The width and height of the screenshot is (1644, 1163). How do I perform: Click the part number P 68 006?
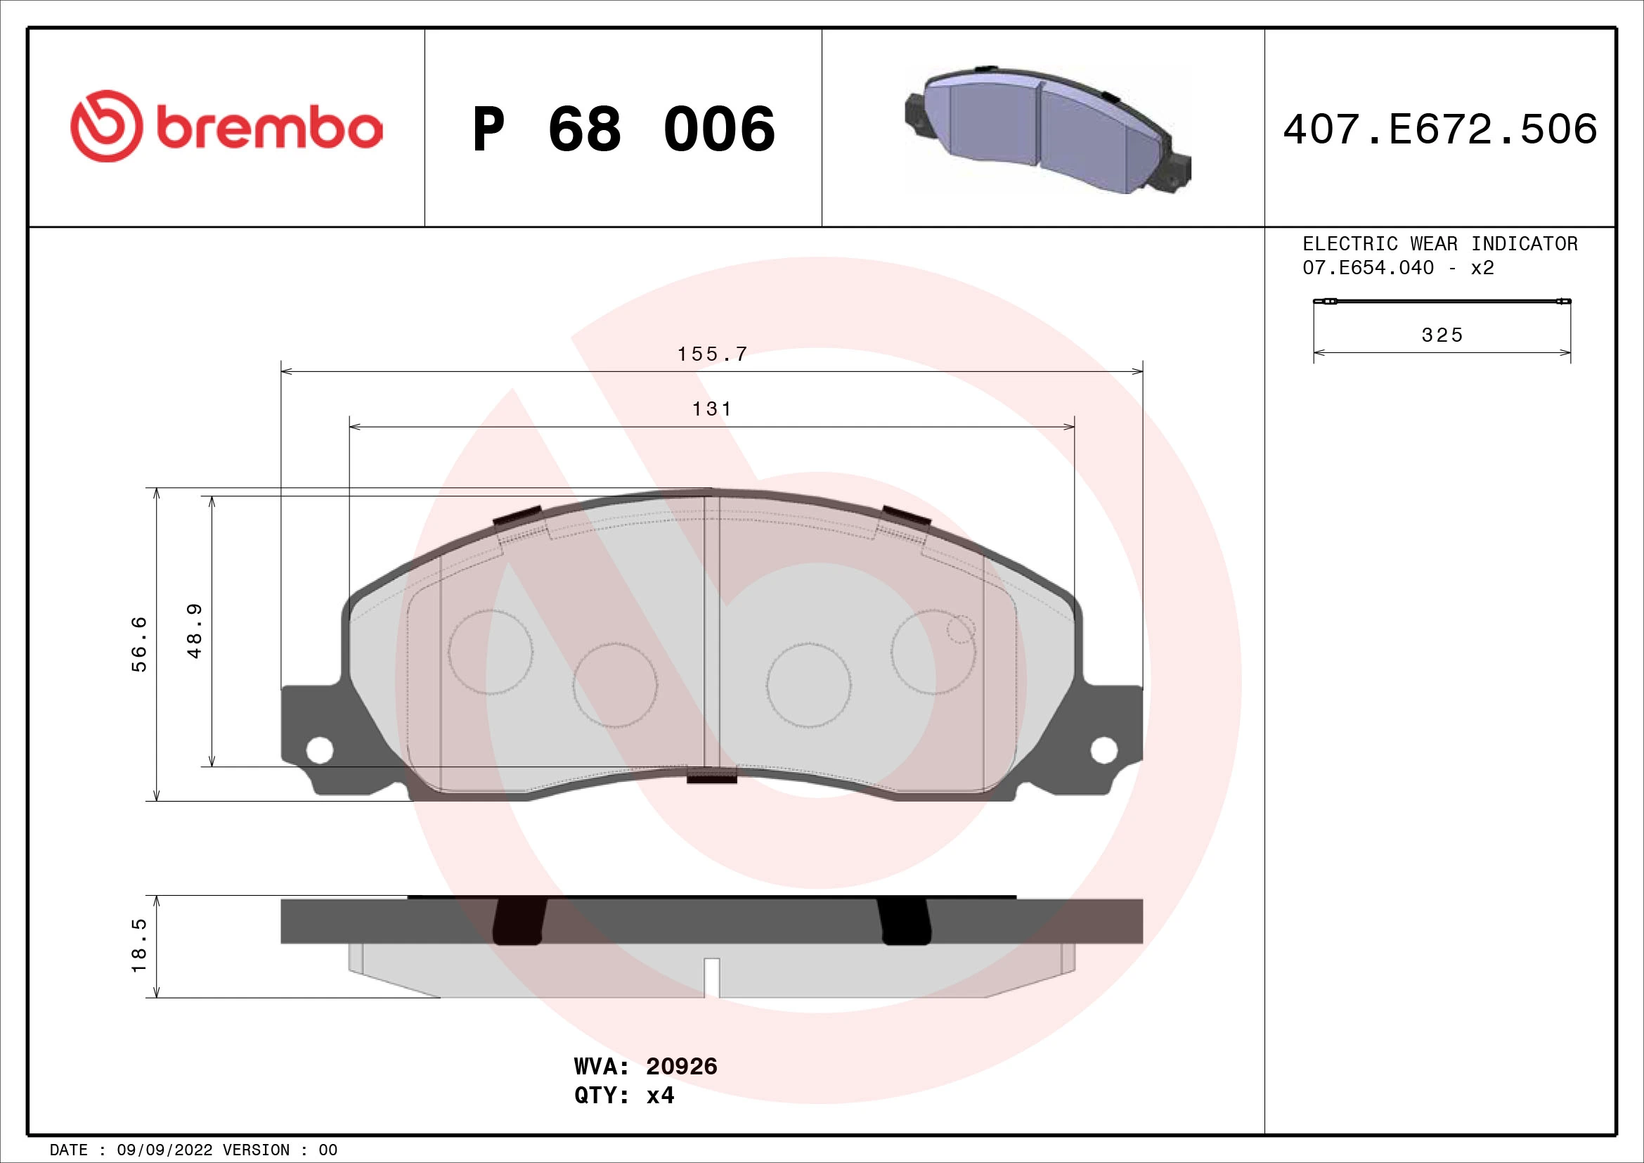pos(623,129)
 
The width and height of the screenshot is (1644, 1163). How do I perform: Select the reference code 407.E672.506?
pos(1440,129)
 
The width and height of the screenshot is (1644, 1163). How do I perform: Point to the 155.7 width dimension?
pos(712,354)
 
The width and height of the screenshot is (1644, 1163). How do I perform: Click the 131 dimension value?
pos(712,409)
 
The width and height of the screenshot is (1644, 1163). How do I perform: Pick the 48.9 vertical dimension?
pos(195,630)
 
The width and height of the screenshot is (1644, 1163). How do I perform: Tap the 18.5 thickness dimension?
pos(139,945)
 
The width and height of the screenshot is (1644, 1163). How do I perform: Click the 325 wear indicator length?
pos(1442,335)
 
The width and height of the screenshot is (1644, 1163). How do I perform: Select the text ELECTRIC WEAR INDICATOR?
pos(1439,244)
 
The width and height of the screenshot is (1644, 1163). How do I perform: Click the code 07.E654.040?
pos(1368,268)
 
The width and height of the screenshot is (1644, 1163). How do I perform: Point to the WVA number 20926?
pos(681,1067)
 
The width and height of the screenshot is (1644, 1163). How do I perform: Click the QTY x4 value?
pos(659,1095)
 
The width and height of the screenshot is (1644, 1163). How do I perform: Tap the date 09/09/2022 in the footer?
pos(164,1150)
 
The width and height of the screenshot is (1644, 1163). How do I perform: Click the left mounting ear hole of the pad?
pos(319,750)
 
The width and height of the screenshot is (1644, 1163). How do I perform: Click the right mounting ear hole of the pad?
pos(1103,750)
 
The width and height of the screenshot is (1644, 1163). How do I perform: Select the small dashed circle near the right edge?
pos(960,629)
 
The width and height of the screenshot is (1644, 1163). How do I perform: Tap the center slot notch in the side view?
pos(711,977)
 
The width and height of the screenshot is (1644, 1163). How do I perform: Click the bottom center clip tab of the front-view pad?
pos(711,776)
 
